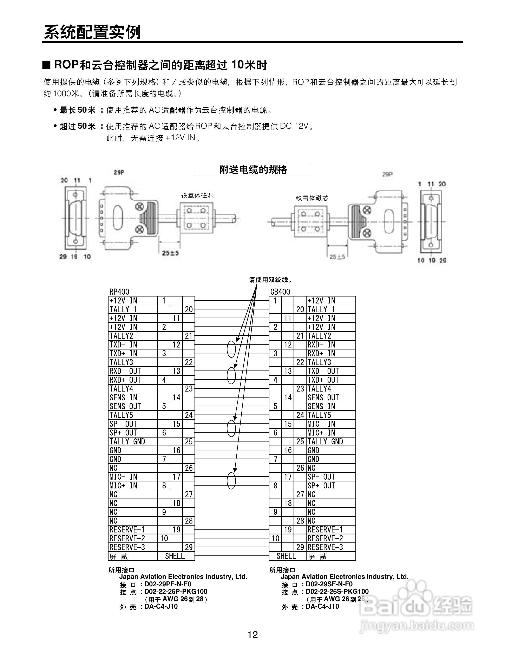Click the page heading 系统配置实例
92,32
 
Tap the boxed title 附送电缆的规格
252,170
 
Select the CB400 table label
280,292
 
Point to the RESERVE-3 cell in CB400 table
325,547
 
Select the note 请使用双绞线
270,280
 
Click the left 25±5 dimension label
170,253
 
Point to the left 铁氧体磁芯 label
197,196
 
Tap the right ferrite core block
310,222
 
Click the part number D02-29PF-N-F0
168,584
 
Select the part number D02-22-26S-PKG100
337,592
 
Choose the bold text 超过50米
78,126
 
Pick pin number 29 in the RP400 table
188,547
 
